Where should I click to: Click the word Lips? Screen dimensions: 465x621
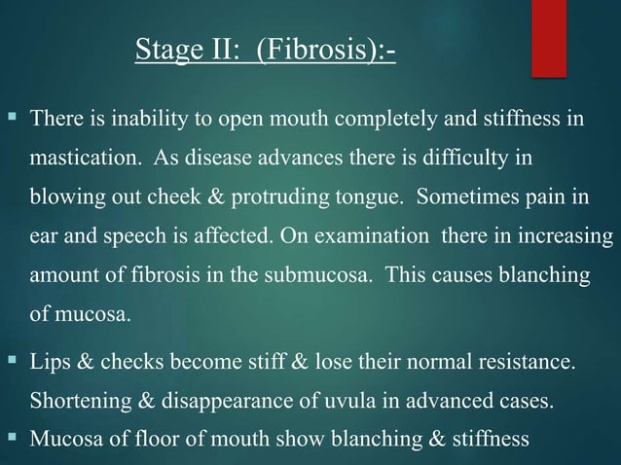[x=51, y=363]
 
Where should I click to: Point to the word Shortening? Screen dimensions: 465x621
[x=78, y=402]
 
